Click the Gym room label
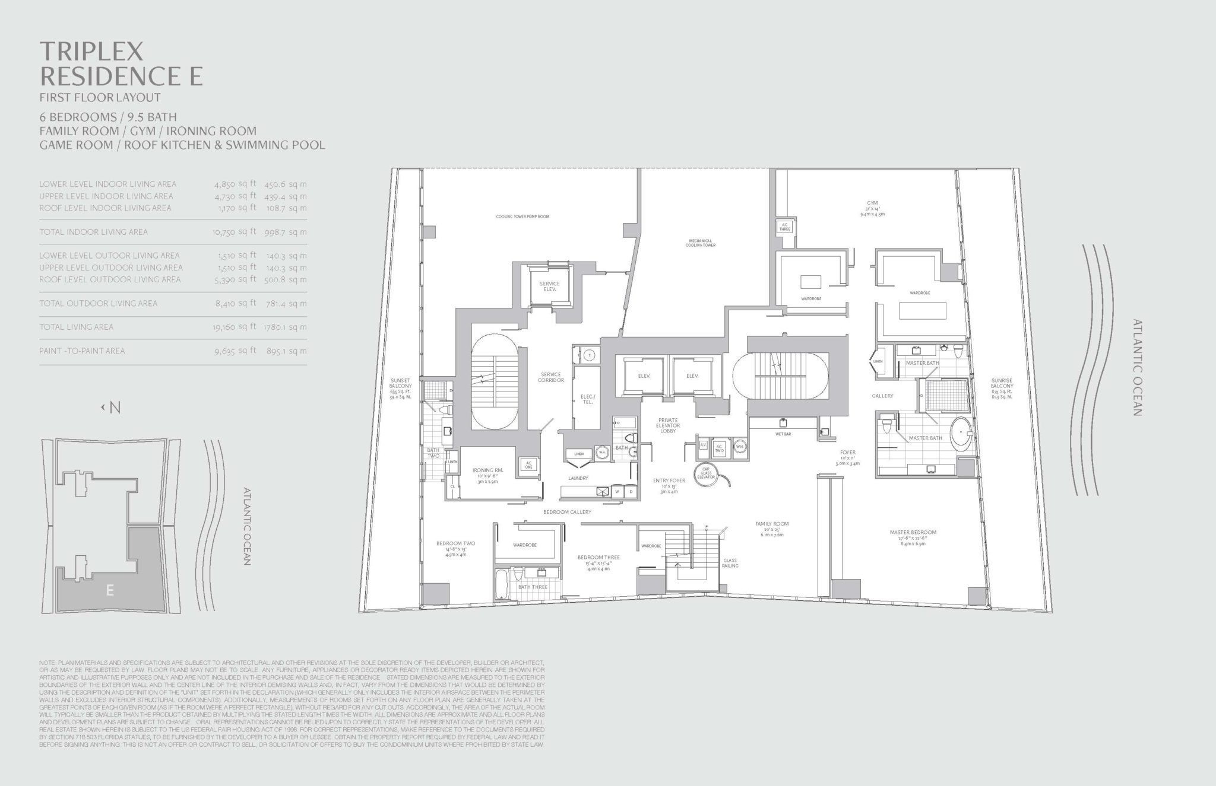pyautogui.click(x=872, y=203)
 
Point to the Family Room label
pyautogui.click(x=772, y=524)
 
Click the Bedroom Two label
pyautogui.click(x=455, y=543)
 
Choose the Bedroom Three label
pyautogui.click(x=598, y=558)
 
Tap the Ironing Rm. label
pyautogui.click(x=489, y=470)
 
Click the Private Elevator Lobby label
pyautogui.click(x=668, y=425)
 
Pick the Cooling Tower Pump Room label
pyautogui.click(x=522, y=217)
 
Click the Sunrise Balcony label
pyautogui.click(x=1001, y=383)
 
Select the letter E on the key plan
pyautogui.click(x=109, y=590)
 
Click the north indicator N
pyautogui.click(x=115, y=408)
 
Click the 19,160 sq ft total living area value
pyautogui.click(x=235, y=327)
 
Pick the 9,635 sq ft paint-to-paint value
pyautogui.click(x=235, y=351)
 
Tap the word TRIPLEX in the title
pyautogui.click(x=92, y=52)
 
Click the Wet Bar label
pyautogui.click(x=782, y=434)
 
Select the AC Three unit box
pyautogui.click(x=784, y=226)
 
